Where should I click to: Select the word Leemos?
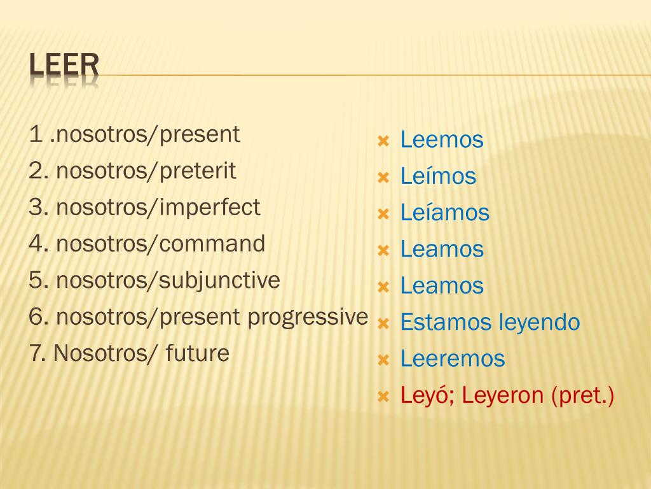442,140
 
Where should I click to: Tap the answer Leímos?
438,176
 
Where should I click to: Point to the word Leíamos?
445,213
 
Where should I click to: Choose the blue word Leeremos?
453,359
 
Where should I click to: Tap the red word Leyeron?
503,396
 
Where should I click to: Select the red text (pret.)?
583,396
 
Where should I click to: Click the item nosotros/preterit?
146,171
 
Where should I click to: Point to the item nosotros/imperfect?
158,208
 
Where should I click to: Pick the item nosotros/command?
160,244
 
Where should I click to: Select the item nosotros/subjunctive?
168,280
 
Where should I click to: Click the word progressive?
308,317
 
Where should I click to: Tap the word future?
197,353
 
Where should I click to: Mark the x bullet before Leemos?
383,141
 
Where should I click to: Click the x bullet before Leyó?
383,397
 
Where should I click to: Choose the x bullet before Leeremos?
383,360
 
